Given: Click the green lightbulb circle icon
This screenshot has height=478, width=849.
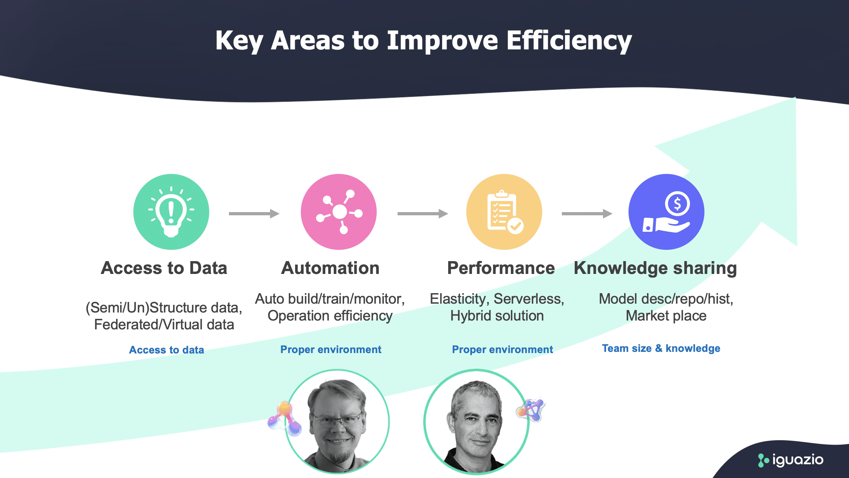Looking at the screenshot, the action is point(171,212).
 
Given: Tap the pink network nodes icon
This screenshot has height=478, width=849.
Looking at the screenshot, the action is point(339,212).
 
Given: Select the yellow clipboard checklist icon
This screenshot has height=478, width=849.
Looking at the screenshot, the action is point(504,212).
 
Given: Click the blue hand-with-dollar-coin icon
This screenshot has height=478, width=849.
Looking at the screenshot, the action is point(666,212).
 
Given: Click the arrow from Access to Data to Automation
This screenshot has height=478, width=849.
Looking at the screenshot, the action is point(254,214).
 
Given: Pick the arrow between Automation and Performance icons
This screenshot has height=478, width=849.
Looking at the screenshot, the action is point(422,214).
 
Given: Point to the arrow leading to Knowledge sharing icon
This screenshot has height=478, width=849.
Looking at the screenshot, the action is point(587,214).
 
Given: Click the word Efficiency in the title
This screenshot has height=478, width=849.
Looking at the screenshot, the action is point(569,41).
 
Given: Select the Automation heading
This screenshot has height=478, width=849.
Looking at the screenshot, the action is point(330,268).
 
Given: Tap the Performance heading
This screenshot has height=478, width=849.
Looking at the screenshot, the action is point(501,268).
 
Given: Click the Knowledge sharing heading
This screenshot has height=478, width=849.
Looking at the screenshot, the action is point(655,268).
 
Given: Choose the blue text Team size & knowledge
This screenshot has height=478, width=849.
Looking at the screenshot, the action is point(661,348).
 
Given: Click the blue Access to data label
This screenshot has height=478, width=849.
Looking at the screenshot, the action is point(167,350).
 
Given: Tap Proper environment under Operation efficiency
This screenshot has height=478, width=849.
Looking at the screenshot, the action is point(331,349).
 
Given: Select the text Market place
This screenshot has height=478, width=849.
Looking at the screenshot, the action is point(666,316).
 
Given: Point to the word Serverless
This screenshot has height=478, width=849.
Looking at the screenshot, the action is point(529,299).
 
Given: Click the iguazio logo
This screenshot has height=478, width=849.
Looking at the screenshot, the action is point(790,460).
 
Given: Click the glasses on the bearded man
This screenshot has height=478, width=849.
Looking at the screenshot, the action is point(337,420).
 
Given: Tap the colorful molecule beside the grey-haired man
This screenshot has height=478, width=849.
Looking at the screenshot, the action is point(530,410).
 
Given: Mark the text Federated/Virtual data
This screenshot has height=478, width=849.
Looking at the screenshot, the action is point(164,325).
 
